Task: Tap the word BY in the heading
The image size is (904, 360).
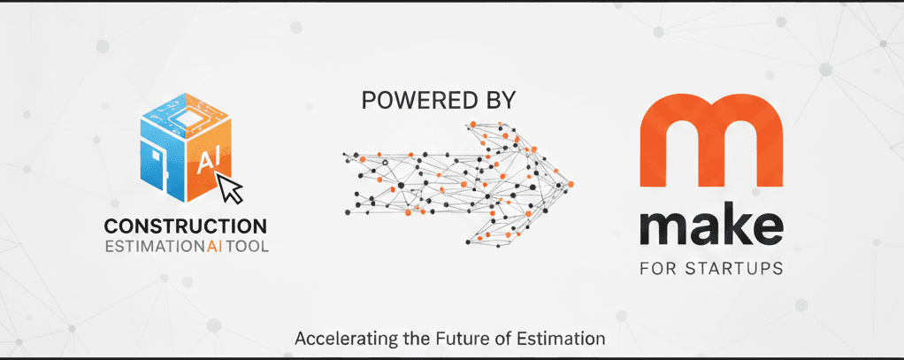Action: [x=497, y=100]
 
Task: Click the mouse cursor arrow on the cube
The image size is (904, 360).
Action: [x=232, y=188]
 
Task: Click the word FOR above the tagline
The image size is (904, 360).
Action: [x=658, y=268]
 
